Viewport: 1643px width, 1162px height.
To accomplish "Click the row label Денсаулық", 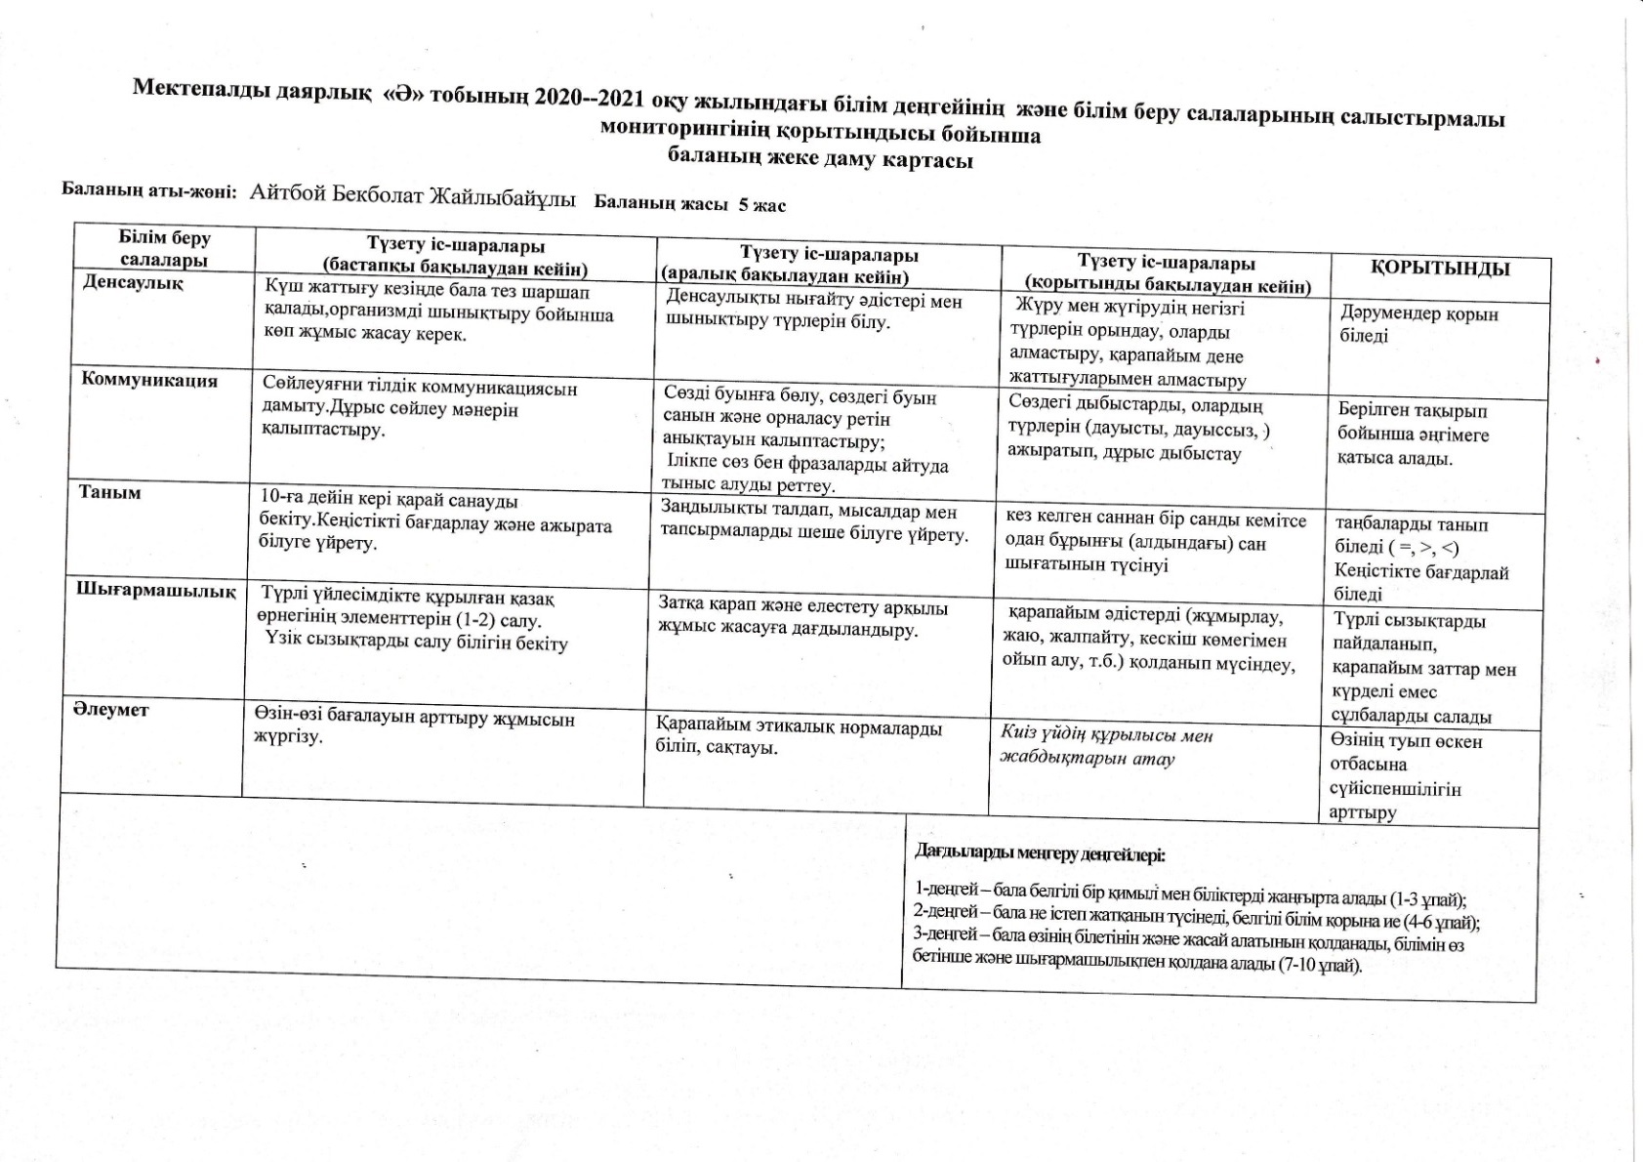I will click(x=133, y=283).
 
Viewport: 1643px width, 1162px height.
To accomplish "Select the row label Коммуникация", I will click(x=149, y=380).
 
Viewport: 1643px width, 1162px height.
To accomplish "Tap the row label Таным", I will click(x=110, y=492).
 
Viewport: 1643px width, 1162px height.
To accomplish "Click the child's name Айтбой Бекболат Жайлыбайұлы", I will click(x=412, y=194).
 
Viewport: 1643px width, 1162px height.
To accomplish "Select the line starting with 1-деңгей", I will click(x=1190, y=893).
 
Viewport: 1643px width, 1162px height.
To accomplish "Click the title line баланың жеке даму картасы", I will click(x=820, y=159).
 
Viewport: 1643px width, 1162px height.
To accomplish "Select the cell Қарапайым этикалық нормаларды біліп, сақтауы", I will click(x=799, y=738).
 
